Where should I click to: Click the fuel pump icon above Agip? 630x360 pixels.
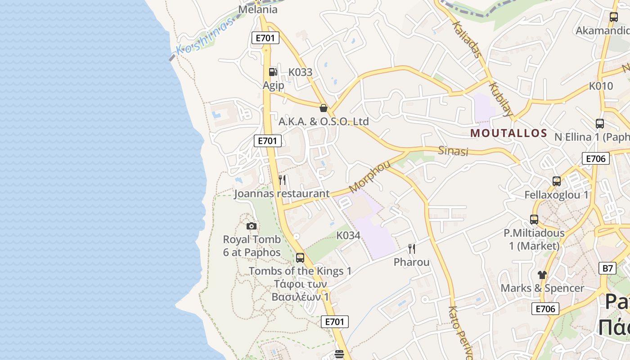[273, 72]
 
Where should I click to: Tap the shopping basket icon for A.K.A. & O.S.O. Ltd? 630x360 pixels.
[323, 108]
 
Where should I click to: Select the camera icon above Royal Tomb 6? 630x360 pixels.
[252, 226]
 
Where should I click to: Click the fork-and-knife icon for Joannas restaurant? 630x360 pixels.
[282, 180]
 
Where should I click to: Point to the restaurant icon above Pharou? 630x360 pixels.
[411, 249]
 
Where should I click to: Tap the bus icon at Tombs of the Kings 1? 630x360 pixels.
[300, 258]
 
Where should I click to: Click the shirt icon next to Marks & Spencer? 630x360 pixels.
[542, 274]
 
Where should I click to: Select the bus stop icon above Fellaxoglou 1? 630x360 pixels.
[557, 181]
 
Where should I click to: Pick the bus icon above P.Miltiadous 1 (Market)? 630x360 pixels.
[534, 220]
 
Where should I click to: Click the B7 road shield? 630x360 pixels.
[607, 269]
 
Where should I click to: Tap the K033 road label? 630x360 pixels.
[300, 72]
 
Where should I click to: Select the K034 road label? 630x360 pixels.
[348, 235]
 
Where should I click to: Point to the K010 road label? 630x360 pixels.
[601, 86]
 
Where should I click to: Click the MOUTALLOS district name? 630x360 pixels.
[508, 133]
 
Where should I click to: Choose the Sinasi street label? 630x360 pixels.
[453, 151]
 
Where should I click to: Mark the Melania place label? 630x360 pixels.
[258, 10]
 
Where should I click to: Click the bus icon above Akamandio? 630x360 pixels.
[613, 17]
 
